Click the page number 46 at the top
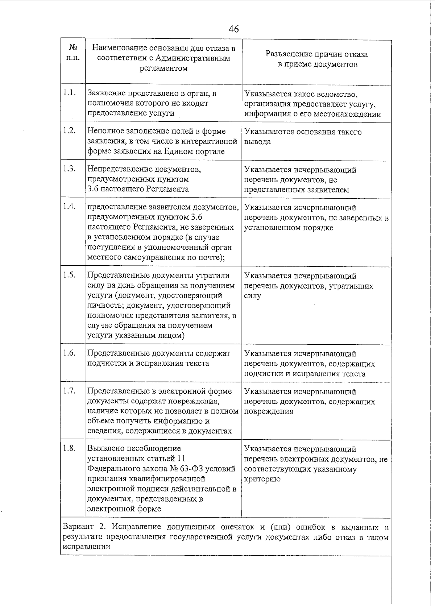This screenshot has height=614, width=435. pyautogui.click(x=234, y=29)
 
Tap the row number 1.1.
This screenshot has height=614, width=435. pyautogui.click(x=69, y=92)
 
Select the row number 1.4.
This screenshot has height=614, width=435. pyautogui.click(x=69, y=206)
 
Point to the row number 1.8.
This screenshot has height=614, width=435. pyautogui.click(x=69, y=448)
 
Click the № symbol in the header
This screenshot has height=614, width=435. pyautogui.click(x=72, y=47)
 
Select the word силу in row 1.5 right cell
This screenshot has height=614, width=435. pyautogui.click(x=252, y=296)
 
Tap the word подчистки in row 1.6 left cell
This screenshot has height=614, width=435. pyautogui.click(x=105, y=363)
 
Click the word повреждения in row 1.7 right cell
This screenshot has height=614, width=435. pyautogui.click(x=269, y=411)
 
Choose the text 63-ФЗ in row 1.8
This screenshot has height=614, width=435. pyautogui.click(x=191, y=469)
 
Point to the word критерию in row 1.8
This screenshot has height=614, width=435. pyautogui.click(x=262, y=479)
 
